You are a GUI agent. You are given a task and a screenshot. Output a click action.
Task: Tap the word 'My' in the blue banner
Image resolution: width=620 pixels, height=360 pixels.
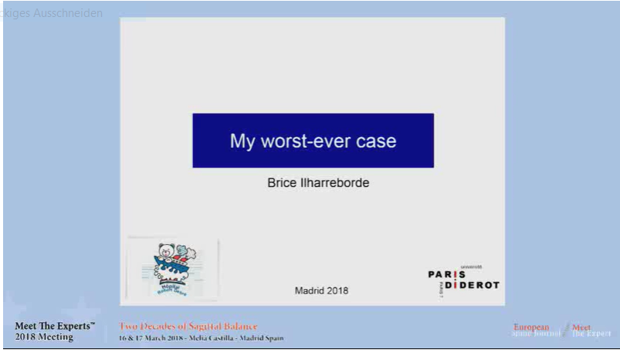pos(242,141)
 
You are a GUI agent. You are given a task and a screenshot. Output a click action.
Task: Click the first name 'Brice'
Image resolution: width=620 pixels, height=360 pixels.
pos(281,183)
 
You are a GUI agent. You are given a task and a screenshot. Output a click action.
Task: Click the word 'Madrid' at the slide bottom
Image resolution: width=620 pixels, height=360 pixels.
pos(310,291)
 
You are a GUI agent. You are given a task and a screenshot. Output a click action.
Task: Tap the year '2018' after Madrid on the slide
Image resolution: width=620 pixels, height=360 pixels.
pos(338,291)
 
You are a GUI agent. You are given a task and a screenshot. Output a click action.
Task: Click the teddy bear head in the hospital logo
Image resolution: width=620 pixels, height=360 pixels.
pos(164,251)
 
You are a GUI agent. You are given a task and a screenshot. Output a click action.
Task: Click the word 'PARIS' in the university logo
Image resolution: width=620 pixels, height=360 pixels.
pos(447,274)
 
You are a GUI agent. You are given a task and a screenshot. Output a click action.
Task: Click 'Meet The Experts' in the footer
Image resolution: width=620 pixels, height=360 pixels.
pos(55,327)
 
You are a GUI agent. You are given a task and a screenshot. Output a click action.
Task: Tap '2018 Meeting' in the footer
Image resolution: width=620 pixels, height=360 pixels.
pos(44,337)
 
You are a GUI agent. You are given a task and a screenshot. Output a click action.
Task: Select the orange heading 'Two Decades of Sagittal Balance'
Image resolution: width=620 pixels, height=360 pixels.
pos(188,327)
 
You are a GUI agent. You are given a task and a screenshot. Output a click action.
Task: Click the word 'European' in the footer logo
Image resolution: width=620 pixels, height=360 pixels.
pos(531,328)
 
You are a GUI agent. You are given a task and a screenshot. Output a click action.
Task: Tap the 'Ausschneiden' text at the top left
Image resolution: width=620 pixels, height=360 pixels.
pos(68,13)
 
